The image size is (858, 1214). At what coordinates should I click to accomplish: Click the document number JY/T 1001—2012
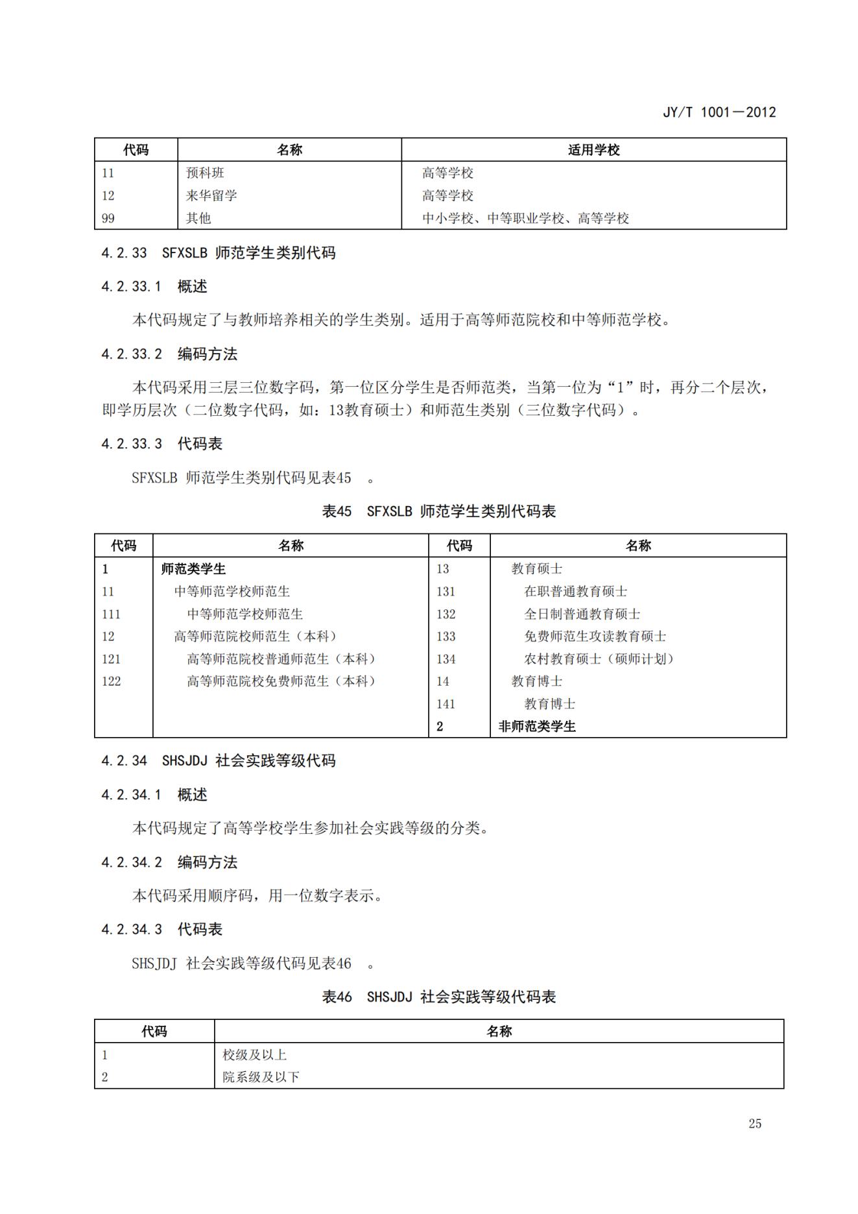point(719,112)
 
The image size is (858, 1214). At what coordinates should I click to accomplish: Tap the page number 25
point(754,1124)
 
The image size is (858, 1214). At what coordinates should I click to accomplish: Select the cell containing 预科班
point(205,173)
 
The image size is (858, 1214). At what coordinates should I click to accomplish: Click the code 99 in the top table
point(108,218)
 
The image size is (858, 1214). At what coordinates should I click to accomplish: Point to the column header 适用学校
point(593,150)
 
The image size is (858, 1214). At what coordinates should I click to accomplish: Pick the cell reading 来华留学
point(211,195)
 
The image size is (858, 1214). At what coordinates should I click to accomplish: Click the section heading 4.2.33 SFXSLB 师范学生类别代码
point(219,253)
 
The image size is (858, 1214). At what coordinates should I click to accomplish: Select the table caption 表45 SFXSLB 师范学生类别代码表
point(439,511)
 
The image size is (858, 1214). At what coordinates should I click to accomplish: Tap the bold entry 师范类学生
point(193,569)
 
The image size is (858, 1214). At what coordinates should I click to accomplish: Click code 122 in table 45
point(112,681)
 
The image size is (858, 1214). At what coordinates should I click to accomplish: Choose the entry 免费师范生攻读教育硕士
point(595,637)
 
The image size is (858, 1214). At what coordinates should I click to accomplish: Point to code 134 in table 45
point(446,659)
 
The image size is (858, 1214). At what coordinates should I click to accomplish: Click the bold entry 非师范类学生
point(537,727)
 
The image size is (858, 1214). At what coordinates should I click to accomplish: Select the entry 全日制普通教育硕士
point(582,614)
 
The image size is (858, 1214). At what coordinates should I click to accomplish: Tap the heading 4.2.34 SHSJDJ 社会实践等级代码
point(219,761)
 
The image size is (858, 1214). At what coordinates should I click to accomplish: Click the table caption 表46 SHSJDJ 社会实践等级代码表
point(439,997)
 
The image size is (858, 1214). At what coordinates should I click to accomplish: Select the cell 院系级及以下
point(261,1077)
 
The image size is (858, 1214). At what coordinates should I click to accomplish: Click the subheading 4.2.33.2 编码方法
point(169,354)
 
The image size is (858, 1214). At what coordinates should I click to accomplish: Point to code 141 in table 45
point(446,704)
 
